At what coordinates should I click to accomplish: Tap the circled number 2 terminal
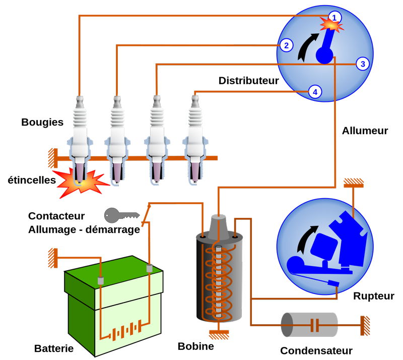coord(286,45)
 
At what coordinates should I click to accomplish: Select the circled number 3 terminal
coord(362,64)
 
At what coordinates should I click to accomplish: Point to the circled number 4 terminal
coord(315,92)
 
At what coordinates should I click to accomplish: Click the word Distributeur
coord(248,81)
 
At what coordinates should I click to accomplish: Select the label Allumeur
coord(365,131)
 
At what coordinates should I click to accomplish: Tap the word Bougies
coord(42,122)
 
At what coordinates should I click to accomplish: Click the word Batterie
coord(54,348)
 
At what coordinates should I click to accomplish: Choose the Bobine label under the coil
coord(195,346)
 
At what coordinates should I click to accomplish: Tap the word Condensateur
coord(316,350)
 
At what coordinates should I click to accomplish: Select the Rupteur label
coord(374,295)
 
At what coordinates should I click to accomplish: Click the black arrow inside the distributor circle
coord(308,46)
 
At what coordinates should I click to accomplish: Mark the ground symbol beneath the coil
coord(218,333)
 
